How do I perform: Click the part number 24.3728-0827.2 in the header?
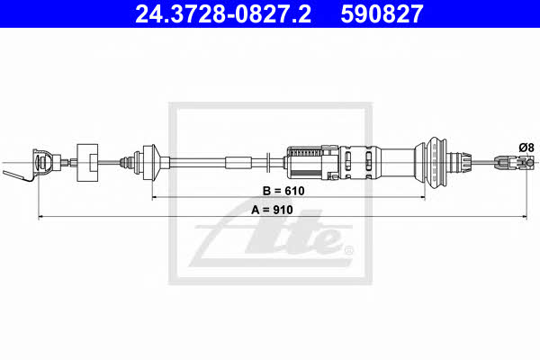[x=223, y=14]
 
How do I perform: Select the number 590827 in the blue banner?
[x=382, y=14]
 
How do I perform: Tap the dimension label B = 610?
[x=283, y=191]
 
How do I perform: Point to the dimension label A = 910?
[x=272, y=210]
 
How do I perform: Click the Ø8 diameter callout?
[x=526, y=148]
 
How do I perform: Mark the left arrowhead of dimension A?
[x=40, y=217]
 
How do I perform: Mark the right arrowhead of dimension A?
[x=525, y=217]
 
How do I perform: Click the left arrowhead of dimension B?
[x=155, y=197]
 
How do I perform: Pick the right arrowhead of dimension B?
[x=422, y=197]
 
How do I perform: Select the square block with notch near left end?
[x=87, y=163]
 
